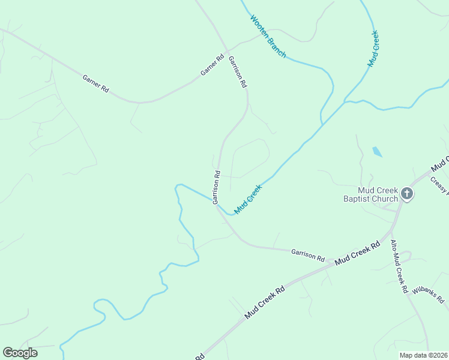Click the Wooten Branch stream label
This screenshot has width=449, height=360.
pos(268,37)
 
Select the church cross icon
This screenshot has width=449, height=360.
pos(407,193)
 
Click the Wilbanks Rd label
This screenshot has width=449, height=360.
pos(427,294)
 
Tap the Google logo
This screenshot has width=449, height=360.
pos(20,353)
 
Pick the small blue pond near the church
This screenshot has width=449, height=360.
pos(377,151)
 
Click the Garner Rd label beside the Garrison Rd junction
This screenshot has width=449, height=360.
pos(212,65)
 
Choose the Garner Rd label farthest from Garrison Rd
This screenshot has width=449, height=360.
pos(95,83)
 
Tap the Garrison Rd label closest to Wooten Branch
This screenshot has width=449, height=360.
pos(238,69)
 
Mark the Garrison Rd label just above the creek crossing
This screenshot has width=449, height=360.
pos(217,187)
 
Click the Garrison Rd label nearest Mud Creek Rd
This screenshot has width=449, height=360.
pos(307,254)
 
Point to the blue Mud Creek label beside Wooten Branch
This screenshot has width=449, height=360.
pos(373,48)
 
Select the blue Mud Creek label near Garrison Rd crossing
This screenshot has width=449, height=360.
pos(249,199)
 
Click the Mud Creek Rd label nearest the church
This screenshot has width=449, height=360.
pos(358,254)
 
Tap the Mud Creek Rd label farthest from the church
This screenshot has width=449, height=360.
pos(264,302)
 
